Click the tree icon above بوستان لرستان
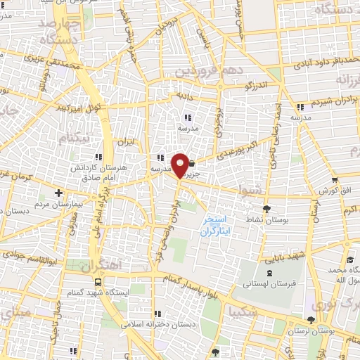tap(311, 320)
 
